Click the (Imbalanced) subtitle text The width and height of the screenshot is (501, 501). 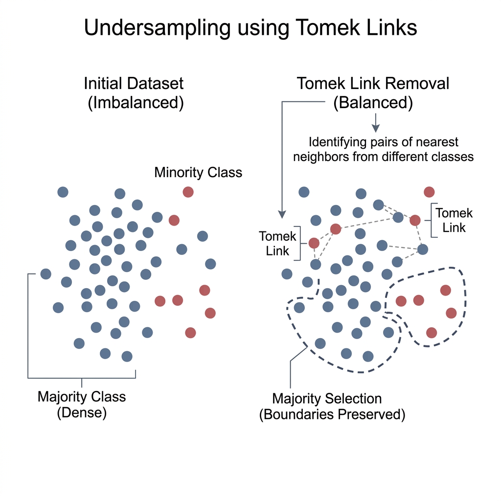point(136,104)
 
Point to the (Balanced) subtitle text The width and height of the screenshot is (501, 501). point(373,104)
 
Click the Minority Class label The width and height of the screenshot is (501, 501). point(198,173)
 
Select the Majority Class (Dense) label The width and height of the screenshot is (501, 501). point(82,404)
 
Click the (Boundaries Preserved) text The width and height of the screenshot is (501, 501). point(332,414)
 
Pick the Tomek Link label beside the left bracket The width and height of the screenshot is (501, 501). point(278,244)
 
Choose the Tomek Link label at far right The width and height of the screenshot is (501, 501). point(454,220)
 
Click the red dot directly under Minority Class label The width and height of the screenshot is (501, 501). point(188,192)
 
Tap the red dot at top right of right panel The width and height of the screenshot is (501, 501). point(429,192)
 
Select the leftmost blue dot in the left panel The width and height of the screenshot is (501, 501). point(46,274)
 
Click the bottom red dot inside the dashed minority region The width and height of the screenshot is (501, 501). point(431,333)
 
